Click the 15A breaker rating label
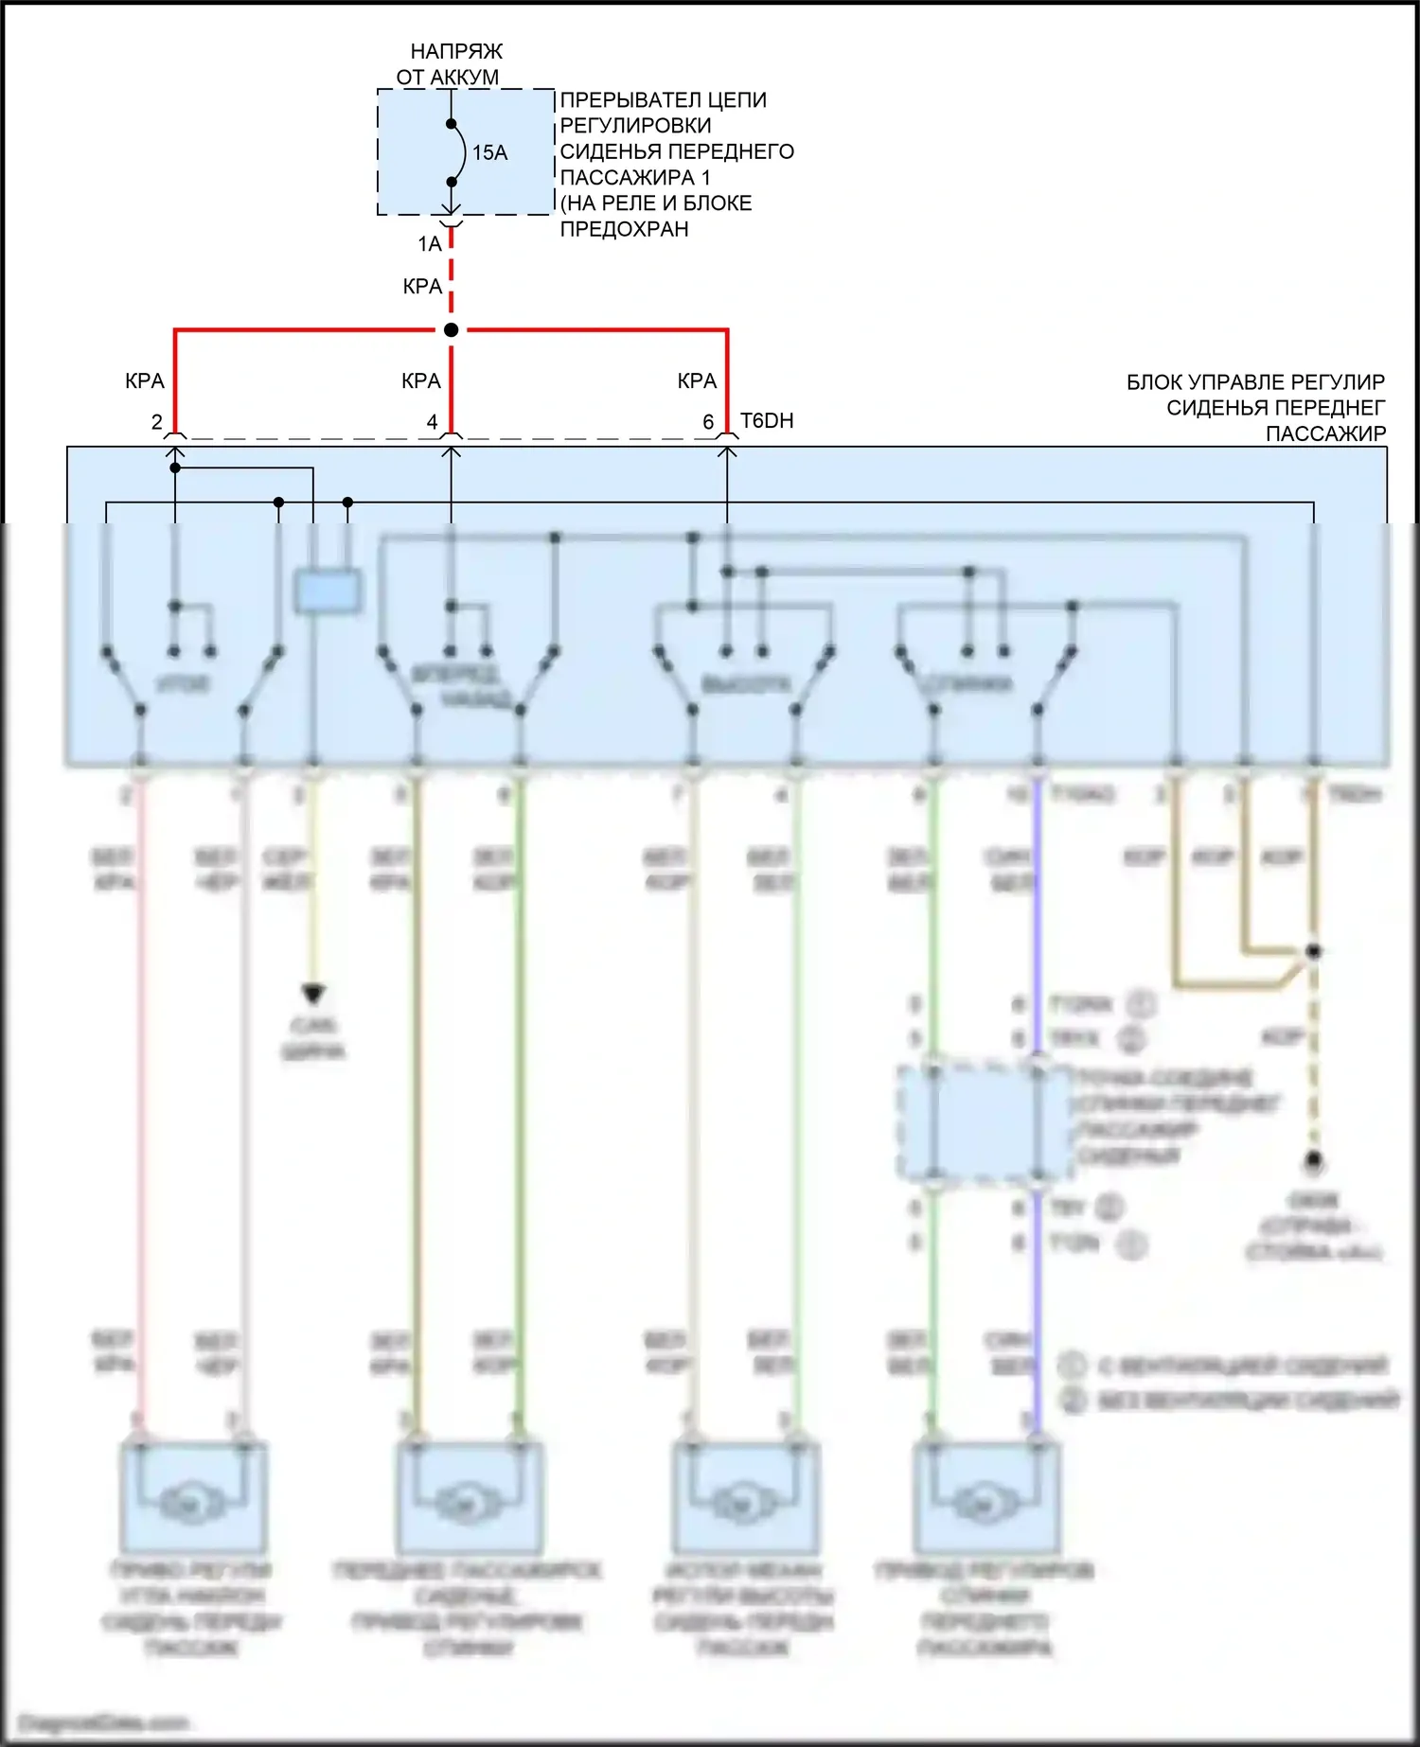(489, 152)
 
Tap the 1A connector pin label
(430, 244)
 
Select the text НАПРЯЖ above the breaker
(456, 51)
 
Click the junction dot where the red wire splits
(452, 329)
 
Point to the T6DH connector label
(767, 421)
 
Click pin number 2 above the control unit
(157, 422)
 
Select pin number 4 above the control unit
(433, 422)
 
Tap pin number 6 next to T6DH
(708, 422)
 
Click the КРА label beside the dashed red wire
(422, 287)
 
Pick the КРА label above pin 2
(145, 381)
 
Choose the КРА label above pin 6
(698, 381)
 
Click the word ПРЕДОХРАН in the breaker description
(625, 229)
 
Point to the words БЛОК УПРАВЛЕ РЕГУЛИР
(1255, 382)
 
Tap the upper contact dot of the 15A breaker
(452, 124)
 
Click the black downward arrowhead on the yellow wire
(313, 993)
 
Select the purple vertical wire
(1038, 946)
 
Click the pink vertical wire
(141, 1088)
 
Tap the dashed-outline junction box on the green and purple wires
(985, 1122)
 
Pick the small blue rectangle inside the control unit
(328, 591)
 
